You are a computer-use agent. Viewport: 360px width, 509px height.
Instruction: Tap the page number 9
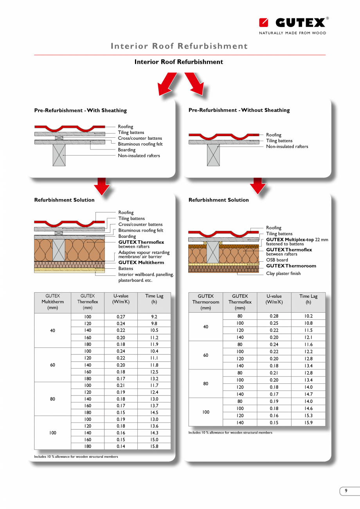pos(346,491)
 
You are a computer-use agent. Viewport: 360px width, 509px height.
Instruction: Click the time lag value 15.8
pos(154,446)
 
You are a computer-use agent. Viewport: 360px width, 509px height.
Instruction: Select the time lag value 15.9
pos(308,423)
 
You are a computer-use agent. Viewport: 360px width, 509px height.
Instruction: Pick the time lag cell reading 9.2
pos(154,317)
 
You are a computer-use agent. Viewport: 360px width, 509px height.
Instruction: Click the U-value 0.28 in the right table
pos(274,316)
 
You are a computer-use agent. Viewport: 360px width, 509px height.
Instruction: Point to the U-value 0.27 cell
pos(121,317)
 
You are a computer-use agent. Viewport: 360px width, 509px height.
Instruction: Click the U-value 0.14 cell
pos(121,446)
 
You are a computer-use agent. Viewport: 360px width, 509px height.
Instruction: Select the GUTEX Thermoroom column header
pos(205,302)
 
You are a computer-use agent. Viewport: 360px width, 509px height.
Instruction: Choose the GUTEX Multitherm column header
pos(52,302)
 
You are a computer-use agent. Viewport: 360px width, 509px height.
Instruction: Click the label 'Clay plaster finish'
pos(283,273)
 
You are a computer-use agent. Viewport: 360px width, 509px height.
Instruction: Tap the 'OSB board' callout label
pos(277,260)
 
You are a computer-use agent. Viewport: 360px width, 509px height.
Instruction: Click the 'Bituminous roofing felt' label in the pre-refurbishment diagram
pos(140,144)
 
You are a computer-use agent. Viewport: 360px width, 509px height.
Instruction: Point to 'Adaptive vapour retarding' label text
pos(144,253)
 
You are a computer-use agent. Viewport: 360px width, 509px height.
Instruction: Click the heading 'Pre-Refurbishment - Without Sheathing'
pos(239,110)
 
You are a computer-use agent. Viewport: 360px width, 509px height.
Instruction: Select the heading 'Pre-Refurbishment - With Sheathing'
pos(81,111)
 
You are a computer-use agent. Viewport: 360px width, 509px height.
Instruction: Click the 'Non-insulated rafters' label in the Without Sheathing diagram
pos(287,147)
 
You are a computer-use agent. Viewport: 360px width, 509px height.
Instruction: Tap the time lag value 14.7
pos(308,394)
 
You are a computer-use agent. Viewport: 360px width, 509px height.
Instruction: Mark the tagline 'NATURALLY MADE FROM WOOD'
pos(292,33)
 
